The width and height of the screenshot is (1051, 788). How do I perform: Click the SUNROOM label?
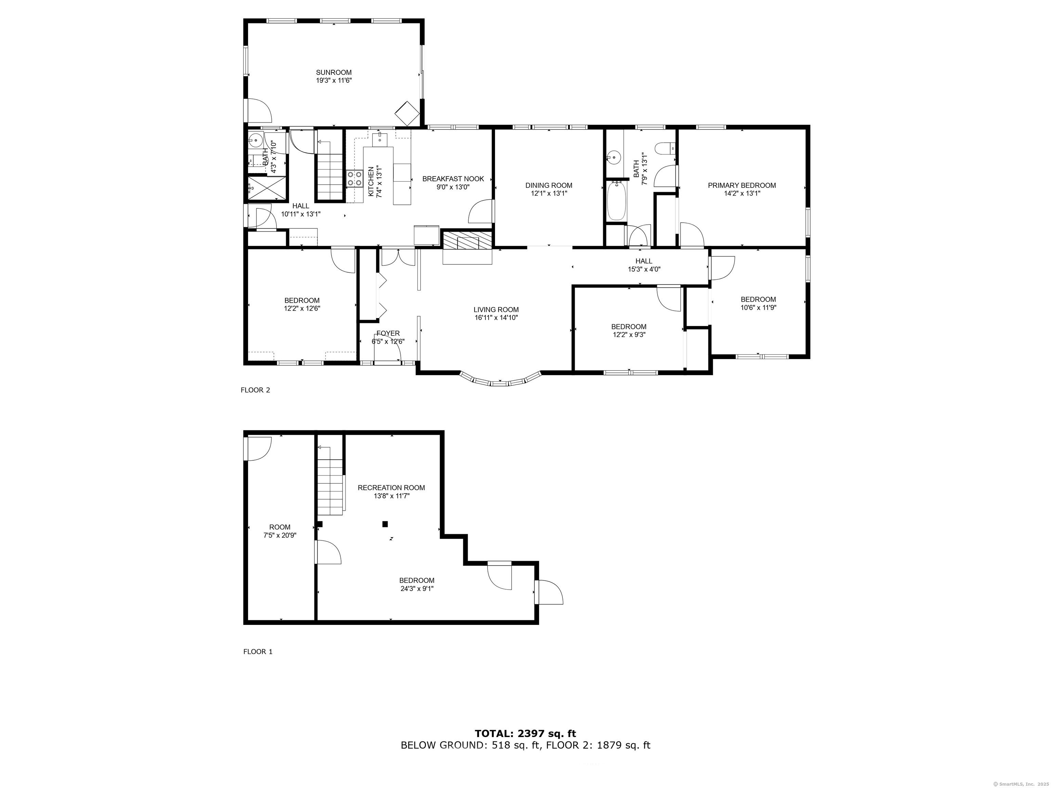334,73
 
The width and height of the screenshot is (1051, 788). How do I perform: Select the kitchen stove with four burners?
354,179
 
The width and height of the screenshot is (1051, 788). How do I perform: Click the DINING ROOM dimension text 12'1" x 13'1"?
549,193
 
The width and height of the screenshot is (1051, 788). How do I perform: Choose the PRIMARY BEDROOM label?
742,186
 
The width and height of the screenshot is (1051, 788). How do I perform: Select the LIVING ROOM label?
496,310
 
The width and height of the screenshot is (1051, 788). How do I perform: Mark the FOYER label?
388,333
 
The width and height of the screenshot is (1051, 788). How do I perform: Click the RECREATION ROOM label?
391,488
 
